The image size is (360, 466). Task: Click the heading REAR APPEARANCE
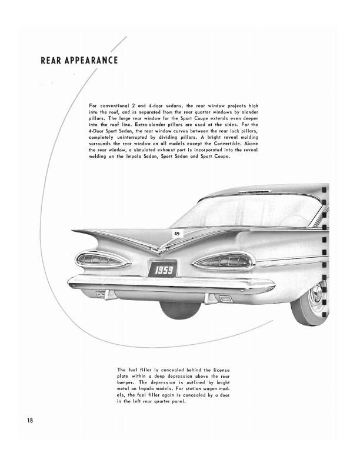(79, 61)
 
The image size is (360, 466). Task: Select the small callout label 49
(176, 234)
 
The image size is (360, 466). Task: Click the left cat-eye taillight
(103, 259)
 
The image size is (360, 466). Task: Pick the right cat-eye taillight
(224, 261)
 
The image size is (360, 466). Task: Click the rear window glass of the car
(247, 212)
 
